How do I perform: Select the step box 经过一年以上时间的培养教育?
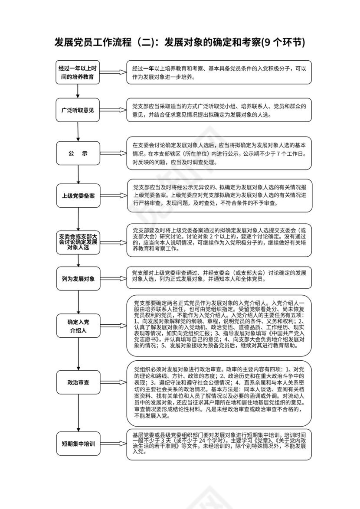[78, 72]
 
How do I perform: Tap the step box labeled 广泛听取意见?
[78, 110]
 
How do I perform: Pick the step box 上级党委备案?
[78, 196]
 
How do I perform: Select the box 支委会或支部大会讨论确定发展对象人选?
[78, 242]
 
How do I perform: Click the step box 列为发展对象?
[78, 278]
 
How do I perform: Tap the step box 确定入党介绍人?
[78, 326]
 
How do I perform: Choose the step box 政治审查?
[78, 382]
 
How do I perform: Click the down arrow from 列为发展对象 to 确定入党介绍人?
[78, 302]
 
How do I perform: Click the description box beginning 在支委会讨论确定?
[219, 154]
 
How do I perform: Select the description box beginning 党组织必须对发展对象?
[219, 393]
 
